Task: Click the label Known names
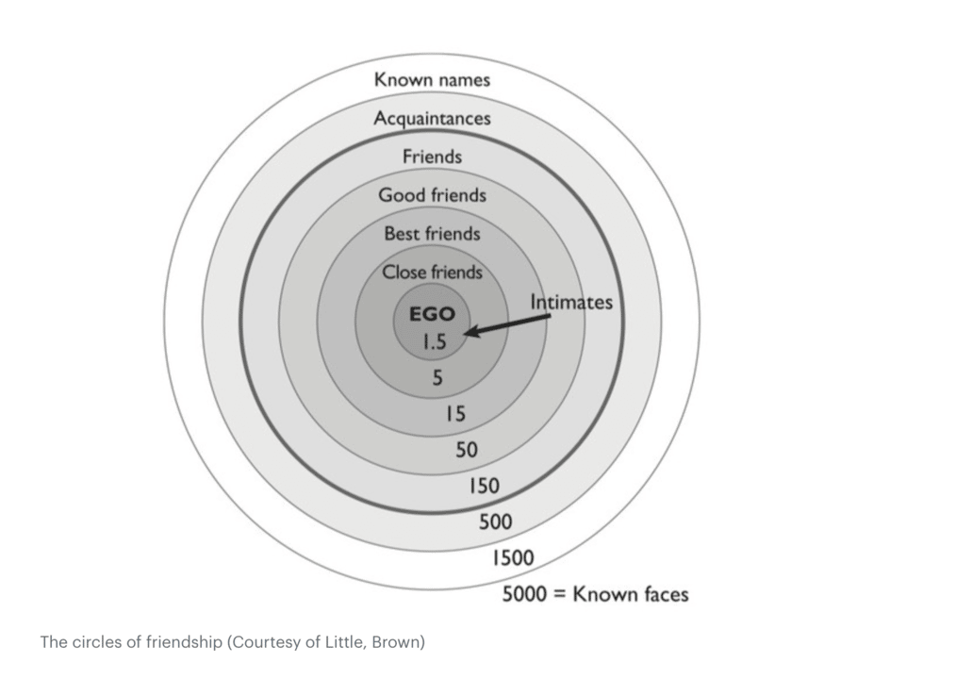coord(432,80)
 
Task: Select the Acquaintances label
coord(432,119)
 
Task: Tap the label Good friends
coord(432,195)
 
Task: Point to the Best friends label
coord(432,233)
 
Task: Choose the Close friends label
coord(432,273)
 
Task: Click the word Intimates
coord(571,303)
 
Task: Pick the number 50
coord(467,450)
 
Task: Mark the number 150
coord(484,487)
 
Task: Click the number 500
coord(496,522)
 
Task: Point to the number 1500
coord(513,557)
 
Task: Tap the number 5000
coord(526,594)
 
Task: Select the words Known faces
coord(632,594)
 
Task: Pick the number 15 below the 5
coord(455,413)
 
